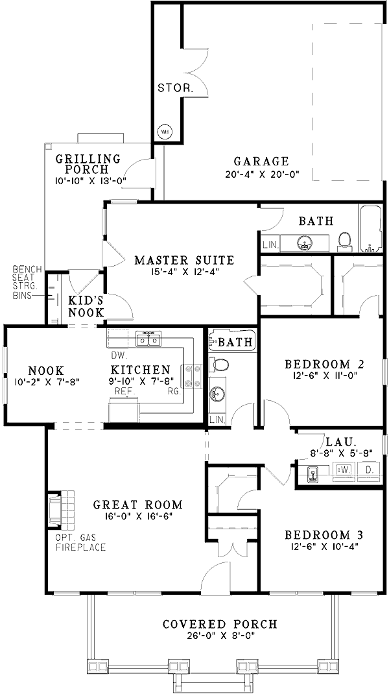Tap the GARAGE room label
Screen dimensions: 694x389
[x=261, y=162]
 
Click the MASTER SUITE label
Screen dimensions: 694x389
[x=184, y=261]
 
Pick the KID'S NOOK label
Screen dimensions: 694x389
[x=86, y=305]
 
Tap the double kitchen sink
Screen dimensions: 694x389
[x=149, y=339]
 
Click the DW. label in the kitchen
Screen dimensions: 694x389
[x=117, y=355]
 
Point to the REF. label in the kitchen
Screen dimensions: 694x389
[x=124, y=392]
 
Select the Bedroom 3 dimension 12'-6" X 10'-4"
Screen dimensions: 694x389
[x=324, y=546]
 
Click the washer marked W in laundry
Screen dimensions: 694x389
[x=344, y=469]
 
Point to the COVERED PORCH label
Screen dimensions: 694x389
[x=220, y=624]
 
